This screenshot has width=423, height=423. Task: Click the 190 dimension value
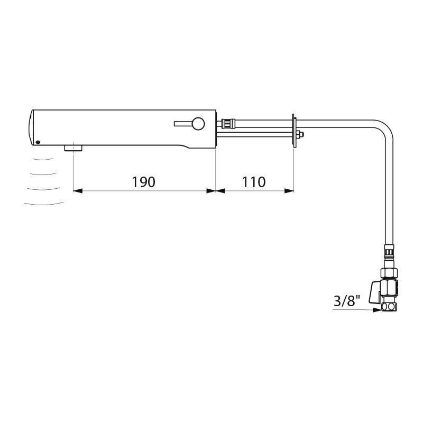(x=144, y=182)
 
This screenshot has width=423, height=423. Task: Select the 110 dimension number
(x=254, y=182)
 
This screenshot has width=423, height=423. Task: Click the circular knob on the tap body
(x=198, y=124)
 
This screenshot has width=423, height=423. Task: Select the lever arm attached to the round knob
(x=182, y=124)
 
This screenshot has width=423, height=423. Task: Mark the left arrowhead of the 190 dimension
(x=77, y=191)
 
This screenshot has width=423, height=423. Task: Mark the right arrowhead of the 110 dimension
(x=290, y=191)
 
